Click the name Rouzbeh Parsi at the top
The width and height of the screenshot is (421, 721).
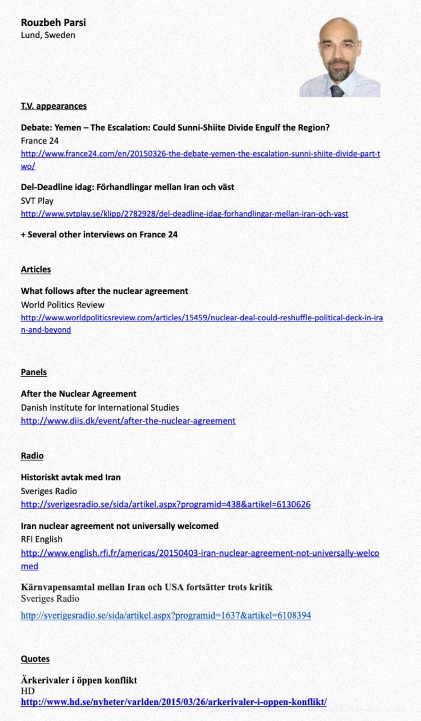pos(53,23)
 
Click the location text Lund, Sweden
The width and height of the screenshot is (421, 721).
pos(48,35)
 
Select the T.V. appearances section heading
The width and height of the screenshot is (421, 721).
pos(54,106)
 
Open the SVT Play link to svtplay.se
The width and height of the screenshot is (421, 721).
pos(184,214)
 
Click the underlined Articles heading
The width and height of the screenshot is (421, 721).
pos(36,269)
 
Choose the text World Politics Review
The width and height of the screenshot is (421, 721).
pos(62,305)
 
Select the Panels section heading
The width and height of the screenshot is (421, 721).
pos(33,372)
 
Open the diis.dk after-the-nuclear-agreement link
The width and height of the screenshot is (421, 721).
pos(128,421)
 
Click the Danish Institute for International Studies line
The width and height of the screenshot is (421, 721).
pos(100,407)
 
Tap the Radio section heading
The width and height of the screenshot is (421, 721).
pos(32,456)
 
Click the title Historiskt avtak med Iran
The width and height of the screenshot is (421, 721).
pos(71,477)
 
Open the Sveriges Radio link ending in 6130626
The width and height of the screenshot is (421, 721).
pos(166,504)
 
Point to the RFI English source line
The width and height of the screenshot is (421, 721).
pos(41,539)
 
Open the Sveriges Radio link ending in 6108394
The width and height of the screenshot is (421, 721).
pos(166,615)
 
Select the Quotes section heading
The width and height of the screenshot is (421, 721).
pos(35,659)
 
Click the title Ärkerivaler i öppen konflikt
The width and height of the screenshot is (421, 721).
pos(79,680)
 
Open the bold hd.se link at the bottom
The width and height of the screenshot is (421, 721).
pos(174,702)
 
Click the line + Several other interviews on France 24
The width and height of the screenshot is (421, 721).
pos(99,235)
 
